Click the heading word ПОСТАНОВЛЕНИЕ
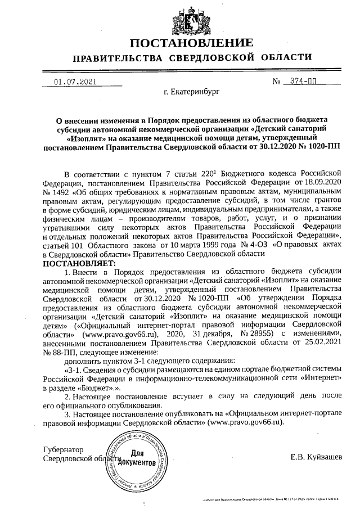click(191, 43)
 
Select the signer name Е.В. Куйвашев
click(316, 456)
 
